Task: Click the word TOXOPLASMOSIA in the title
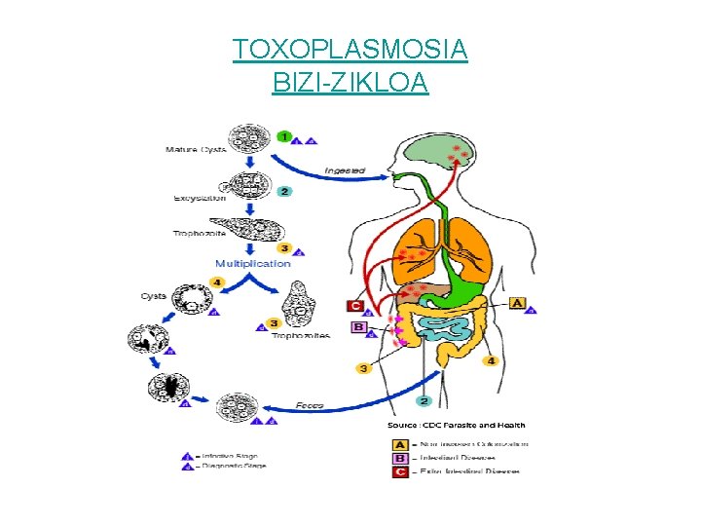[x=350, y=49]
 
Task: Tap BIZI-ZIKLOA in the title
[x=350, y=83]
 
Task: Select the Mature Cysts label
[x=194, y=149]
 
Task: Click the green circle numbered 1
[x=284, y=137]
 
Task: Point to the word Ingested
[x=345, y=170]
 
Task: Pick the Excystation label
[x=200, y=198]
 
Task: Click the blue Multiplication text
[x=252, y=263]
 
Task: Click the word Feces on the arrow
[x=311, y=404]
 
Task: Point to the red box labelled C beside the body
[x=356, y=306]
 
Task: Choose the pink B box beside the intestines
[x=359, y=327]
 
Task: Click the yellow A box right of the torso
[x=517, y=303]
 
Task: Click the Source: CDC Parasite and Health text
[x=457, y=425]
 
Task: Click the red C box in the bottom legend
[x=397, y=471]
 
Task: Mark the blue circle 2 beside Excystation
[x=284, y=191]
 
